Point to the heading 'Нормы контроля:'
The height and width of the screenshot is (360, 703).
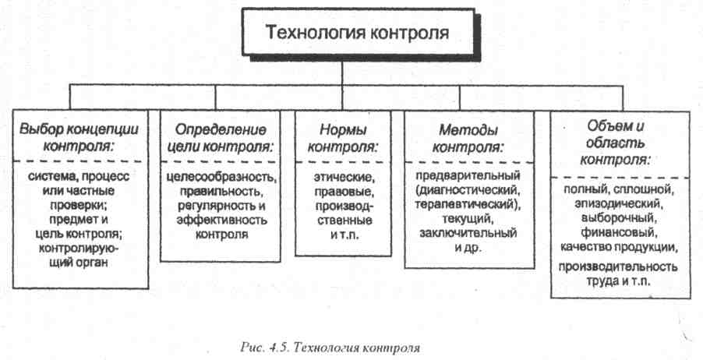click(x=343, y=136)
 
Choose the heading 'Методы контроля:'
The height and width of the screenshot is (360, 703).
click(x=467, y=136)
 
